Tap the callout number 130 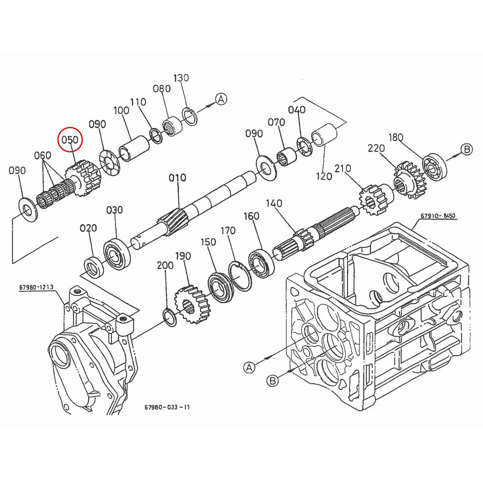pyautogui.click(x=181, y=78)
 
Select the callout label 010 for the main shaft pyautogui.click(x=178, y=178)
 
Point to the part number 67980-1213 pyautogui.click(x=36, y=287)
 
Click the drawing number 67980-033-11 pyautogui.click(x=167, y=407)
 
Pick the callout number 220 pyautogui.click(x=376, y=149)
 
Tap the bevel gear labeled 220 pyautogui.click(x=405, y=180)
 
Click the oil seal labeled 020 pyautogui.click(x=93, y=266)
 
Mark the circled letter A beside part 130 pyautogui.click(x=221, y=99)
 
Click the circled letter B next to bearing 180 pyautogui.click(x=466, y=150)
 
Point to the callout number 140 pyautogui.click(x=274, y=203)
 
